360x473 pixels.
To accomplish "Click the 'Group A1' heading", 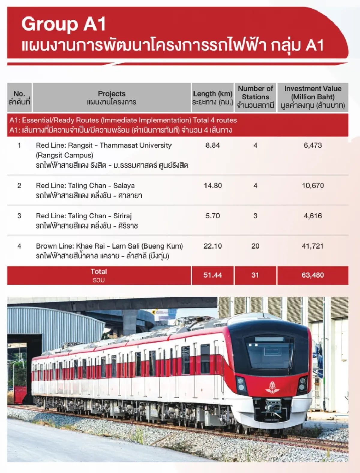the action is pos(64,24).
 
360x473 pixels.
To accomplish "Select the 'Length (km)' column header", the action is pos(212,94).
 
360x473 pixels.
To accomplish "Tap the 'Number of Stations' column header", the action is pos(255,93).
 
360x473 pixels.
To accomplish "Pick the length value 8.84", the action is pos(212,145).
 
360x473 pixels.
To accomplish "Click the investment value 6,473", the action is pos(313,145).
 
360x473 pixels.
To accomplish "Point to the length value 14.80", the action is pos(213,186).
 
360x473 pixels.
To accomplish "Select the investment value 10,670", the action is pos(313,186).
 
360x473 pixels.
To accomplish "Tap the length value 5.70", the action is pos(212,216).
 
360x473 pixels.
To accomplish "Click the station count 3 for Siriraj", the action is pos(255,216).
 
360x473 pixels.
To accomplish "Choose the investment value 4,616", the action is pos(313,216).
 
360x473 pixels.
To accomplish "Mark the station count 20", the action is pos(255,246).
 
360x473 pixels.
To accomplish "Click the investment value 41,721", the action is pos(313,246).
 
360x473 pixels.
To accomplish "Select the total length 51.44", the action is pos(212,275).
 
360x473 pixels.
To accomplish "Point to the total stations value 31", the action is pos(255,275).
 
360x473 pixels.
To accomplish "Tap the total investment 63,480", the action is pos(313,275).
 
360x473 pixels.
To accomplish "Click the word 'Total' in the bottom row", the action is pos(99,271).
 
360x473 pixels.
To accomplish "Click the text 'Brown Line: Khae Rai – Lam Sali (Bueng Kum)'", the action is pos(109,246).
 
